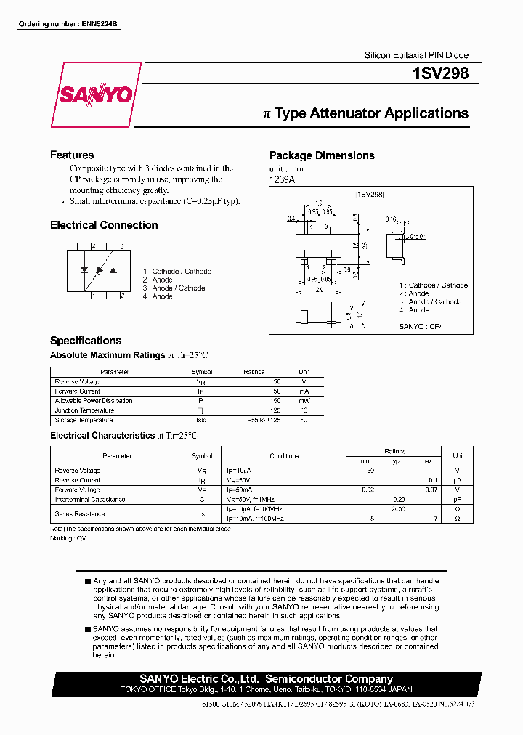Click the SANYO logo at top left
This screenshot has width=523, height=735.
coord(96,95)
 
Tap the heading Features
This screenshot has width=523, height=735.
coord(72,155)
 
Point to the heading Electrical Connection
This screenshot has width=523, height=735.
coord(104,225)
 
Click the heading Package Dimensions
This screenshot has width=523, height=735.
coord(322,155)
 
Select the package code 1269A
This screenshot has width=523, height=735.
coord(283,179)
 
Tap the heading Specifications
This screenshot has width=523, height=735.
coord(86,341)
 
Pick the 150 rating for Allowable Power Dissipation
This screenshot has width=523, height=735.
coord(256,401)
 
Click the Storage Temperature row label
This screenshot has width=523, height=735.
coord(84,420)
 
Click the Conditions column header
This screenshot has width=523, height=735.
coord(284,456)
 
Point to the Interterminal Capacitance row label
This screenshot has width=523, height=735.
coord(90,499)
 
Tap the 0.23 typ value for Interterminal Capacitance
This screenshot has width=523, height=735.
coord(400,499)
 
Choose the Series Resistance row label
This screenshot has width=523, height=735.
coord(80,513)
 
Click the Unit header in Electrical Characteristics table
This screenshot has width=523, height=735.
coord(458,456)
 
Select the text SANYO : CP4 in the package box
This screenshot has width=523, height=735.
coord(421,327)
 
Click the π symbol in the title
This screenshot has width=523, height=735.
coord(266,114)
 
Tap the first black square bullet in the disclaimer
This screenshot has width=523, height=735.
coord(88,581)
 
